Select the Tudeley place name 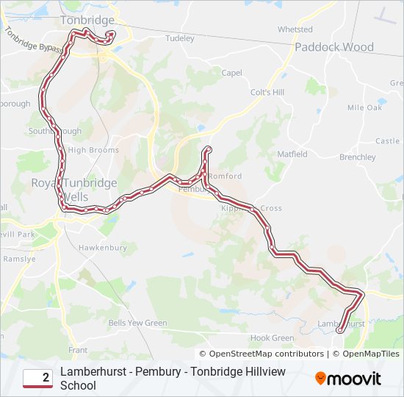coord(180,37)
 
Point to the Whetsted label coord(295,29)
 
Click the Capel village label coord(231,73)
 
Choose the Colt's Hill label coord(267,92)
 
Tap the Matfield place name coord(292,154)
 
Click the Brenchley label coord(358,157)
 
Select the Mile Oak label coord(365,107)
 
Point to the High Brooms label coord(93,150)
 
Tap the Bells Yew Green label coord(137,323)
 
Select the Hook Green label coord(272,338)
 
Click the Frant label coord(78,350)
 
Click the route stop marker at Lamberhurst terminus coord(339,332)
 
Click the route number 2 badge coord(37,378)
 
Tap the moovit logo coord(348,379)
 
